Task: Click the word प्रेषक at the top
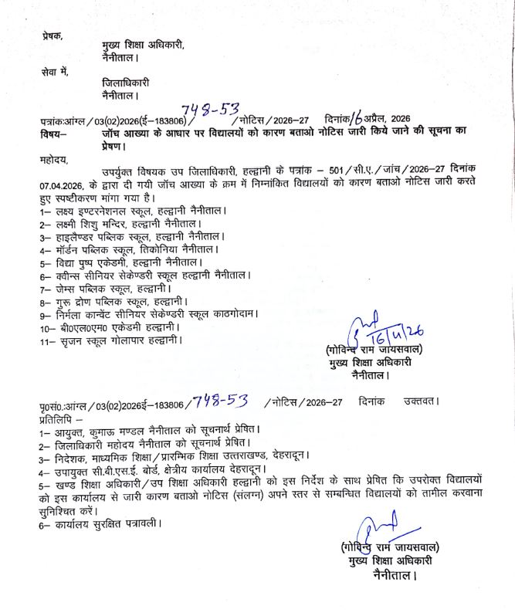click(53, 36)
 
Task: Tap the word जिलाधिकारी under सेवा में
click(125, 83)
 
